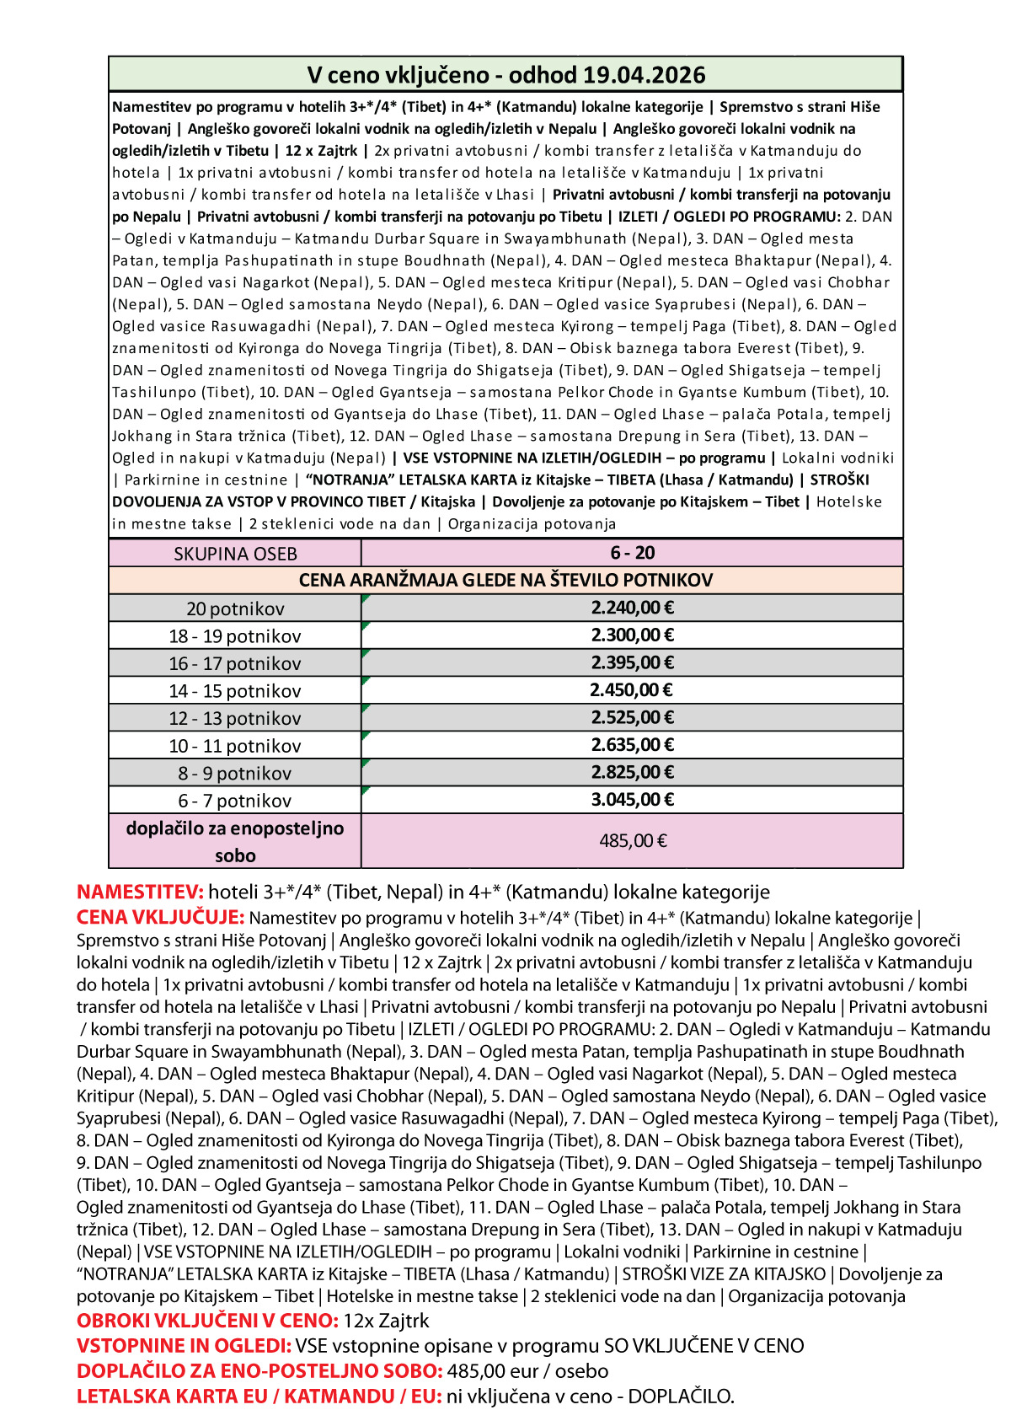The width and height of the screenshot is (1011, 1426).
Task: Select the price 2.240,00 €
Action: click(x=632, y=608)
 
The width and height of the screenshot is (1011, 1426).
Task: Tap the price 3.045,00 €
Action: click(x=632, y=800)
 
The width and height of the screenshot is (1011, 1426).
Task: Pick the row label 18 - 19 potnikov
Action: click(x=234, y=636)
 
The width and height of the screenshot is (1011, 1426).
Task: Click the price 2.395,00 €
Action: click(x=632, y=662)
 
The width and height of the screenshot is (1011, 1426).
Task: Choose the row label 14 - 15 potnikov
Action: click(x=234, y=691)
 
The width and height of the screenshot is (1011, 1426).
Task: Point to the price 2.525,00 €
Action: click(x=632, y=717)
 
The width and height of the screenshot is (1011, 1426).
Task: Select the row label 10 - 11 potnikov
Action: click(x=234, y=746)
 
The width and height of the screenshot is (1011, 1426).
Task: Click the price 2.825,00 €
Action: click(x=632, y=772)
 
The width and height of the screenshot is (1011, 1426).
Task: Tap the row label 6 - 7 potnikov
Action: click(x=234, y=801)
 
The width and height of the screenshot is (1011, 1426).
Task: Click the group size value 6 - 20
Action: click(x=632, y=553)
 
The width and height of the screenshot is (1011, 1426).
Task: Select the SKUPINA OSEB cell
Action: click(x=235, y=554)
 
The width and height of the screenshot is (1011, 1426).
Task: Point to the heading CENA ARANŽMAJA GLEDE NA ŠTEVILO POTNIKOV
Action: click(x=505, y=580)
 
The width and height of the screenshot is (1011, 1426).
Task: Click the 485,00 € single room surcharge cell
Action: click(x=633, y=840)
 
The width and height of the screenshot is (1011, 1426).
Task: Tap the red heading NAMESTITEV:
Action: click(x=140, y=892)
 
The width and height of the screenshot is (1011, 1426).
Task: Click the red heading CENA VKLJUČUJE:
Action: click(x=160, y=917)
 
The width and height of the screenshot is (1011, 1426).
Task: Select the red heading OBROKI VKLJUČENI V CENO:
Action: click(x=207, y=1321)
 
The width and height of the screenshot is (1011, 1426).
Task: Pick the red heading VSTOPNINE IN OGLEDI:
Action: click(x=184, y=1346)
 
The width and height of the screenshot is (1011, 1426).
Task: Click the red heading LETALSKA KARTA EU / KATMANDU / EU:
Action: click(x=259, y=1397)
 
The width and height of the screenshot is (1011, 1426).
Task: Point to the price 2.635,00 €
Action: click(x=632, y=745)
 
